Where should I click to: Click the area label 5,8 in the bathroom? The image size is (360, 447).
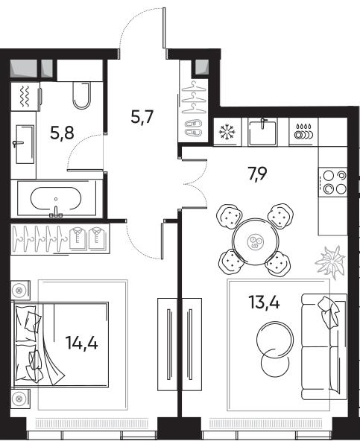62,133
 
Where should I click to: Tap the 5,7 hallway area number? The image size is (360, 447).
142,117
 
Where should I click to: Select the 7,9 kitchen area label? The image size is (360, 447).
258,174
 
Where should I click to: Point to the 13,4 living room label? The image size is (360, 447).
264,302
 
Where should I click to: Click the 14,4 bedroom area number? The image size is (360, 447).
81,343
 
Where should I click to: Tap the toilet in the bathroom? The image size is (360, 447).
82,95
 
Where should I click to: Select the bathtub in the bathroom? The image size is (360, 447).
56,198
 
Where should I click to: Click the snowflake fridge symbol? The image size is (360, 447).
227,132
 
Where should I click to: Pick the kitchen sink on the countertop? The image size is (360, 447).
262,132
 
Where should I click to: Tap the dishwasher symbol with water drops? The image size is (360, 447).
303,132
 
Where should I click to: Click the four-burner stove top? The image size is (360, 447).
333,183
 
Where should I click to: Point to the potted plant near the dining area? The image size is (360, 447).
330,261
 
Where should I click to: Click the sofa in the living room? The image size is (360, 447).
324,346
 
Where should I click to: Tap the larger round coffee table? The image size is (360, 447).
275,340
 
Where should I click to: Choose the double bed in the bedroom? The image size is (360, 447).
60,345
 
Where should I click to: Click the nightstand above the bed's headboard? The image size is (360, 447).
20,291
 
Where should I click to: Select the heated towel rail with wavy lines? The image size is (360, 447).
25,97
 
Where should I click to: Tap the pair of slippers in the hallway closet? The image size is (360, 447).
194,128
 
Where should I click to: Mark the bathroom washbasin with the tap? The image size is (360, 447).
25,144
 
